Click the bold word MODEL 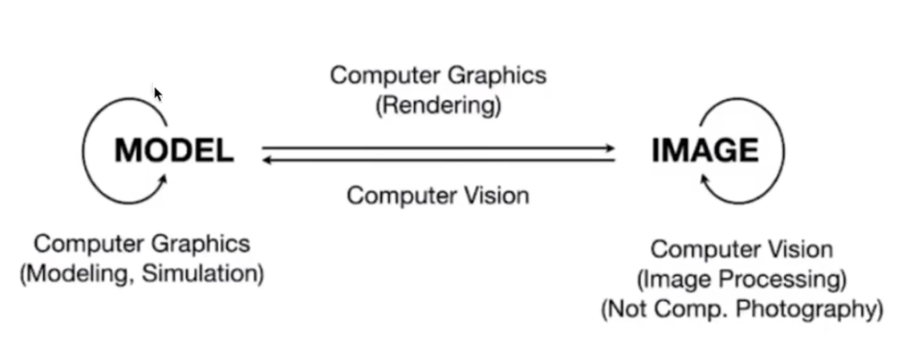coord(173,150)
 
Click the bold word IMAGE coord(705,150)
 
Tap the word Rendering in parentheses coord(439,105)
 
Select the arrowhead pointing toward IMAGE coord(609,149)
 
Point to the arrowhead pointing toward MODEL coord(267,160)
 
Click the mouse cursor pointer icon coord(157,94)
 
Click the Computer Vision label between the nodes coord(438,195)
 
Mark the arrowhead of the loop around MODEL coord(162,178)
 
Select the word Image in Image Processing coord(675,280)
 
